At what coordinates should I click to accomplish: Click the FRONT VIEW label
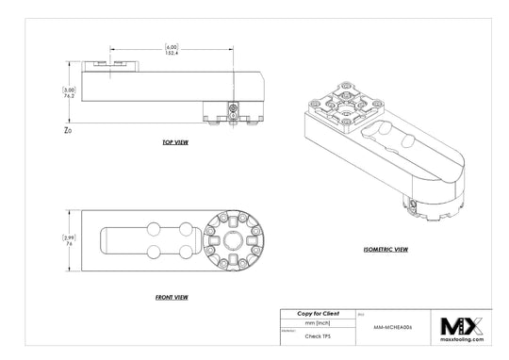172,297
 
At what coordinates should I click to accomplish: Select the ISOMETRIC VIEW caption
386,250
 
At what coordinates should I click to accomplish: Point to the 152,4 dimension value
172,53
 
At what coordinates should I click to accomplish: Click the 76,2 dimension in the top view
70,96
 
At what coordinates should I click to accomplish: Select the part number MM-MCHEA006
394,322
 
